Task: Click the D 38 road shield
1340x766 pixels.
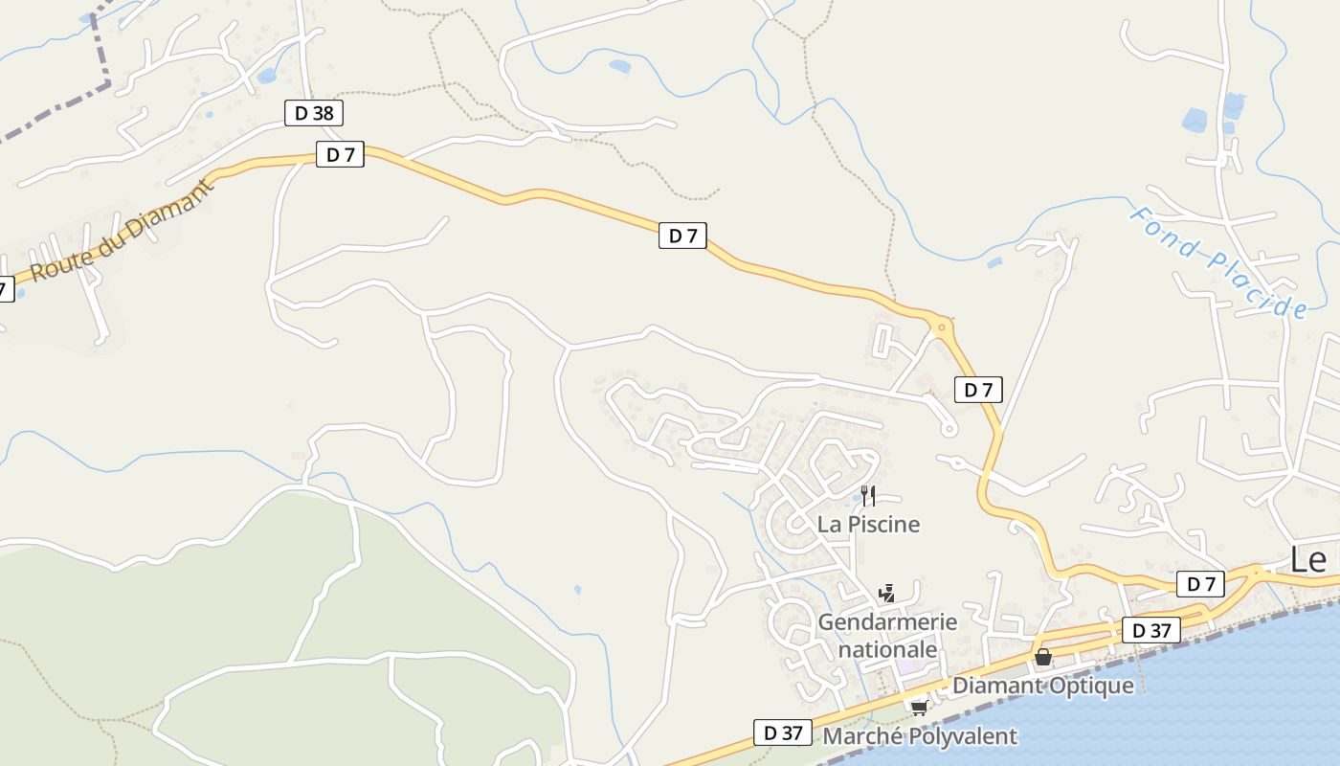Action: pos(314,113)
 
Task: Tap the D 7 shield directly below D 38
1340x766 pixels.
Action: pos(341,154)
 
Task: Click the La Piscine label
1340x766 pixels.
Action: pos(868,525)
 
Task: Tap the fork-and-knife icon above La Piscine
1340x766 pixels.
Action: pos(868,495)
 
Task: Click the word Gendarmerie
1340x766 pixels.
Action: pos(887,622)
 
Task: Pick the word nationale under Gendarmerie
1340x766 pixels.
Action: pos(887,650)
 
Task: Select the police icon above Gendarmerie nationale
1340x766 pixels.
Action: pos(887,593)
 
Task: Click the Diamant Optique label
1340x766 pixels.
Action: pos(1042,686)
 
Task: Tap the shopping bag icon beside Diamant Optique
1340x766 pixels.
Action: pos(1043,658)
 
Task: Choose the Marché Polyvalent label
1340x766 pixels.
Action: pos(920,736)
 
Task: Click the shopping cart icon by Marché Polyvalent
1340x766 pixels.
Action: pos(920,709)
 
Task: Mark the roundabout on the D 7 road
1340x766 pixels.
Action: pos(942,327)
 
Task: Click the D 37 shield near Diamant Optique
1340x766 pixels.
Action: pos(1151,630)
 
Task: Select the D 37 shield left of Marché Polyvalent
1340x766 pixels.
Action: pos(782,732)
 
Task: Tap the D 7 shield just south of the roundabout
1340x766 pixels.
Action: pos(978,390)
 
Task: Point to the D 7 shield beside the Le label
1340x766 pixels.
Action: pos(1200,584)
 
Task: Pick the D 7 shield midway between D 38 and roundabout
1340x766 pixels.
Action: pos(682,236)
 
